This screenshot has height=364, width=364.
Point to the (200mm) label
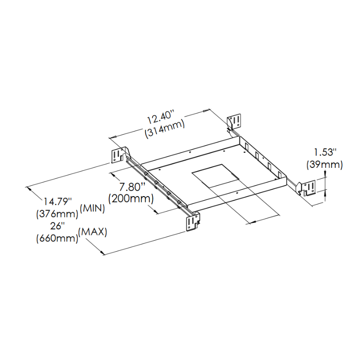pyautogui.click(x=131, y=199)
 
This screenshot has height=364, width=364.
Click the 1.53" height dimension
pyautogui.click(x=325, y=152)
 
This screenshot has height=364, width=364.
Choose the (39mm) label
pyautogui.click(x=324, y=165)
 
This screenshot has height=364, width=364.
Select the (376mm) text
pyautogui.click(x=57, y=214)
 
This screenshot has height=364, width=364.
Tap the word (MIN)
pyautogui.click(x=92, y=209)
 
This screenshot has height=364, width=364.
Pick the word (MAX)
pyautogui.click(x=93, y=232)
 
